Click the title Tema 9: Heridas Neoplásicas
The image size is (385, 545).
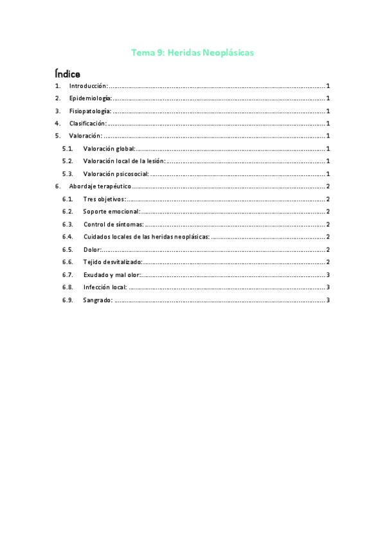(192, 53)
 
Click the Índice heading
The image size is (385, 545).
(67, 74)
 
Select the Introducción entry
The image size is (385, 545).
(88, 86)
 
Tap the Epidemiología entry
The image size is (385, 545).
(90, 98)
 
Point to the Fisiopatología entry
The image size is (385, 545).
(90, 111)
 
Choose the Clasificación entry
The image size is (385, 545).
(87, 123)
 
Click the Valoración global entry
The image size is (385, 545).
(109, 148)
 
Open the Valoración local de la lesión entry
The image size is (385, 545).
(124, 161)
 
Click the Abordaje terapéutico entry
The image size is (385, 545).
(100, 186)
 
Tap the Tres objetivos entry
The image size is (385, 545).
(104, 199)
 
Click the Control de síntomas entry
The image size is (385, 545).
(113, 224)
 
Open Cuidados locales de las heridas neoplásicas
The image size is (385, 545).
(146, 237)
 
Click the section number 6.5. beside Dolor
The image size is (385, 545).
(68, 249)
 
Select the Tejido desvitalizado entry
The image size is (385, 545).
(112, 262)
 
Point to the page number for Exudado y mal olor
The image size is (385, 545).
(328, 274)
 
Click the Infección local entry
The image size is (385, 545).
(105, 287)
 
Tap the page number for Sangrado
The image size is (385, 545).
(328, 299)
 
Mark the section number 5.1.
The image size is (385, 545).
(68, 148)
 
